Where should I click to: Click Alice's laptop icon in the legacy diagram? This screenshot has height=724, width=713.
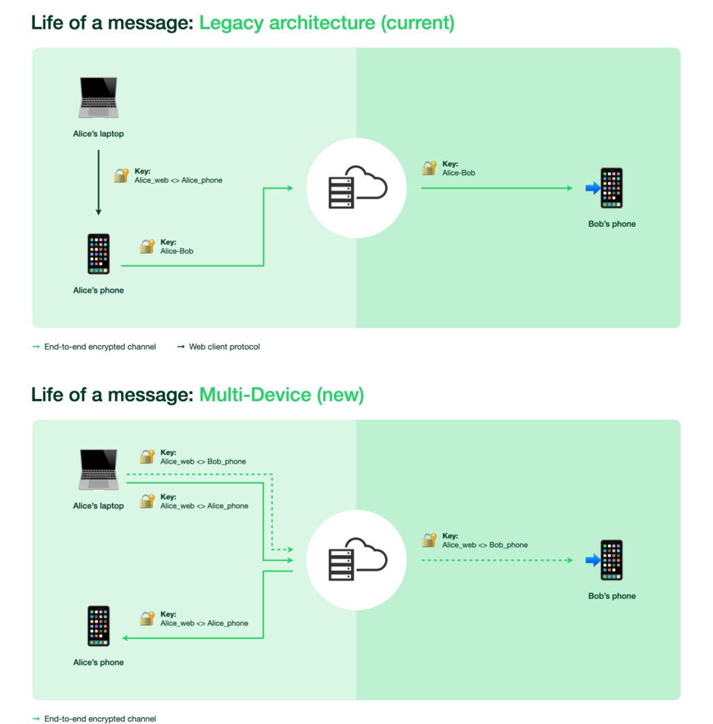point(98,98)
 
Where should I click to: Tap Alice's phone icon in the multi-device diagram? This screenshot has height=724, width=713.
point(98,627)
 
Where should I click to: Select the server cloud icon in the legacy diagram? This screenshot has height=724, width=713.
point(356,188)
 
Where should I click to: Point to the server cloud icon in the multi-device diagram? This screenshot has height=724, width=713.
point(356,560)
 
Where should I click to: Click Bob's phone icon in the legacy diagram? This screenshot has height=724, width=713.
point(611,188)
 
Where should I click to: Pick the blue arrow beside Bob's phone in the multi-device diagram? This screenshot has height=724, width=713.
point(593,560)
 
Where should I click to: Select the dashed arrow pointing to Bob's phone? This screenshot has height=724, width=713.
point(496,560)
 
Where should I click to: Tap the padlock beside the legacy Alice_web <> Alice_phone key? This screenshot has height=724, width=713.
point(122,175)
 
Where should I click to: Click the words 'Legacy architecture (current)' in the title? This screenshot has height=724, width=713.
point(327,23)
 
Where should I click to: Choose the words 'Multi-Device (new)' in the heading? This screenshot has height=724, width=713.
point(281,395)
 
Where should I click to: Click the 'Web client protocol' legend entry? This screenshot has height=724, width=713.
point(224,347)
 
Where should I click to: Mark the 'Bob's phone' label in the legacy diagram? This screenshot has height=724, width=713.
point(611,224)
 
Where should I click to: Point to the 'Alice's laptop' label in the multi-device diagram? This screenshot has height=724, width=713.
point(98,506)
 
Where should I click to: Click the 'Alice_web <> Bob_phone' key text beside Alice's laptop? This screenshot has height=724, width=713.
point(203,462)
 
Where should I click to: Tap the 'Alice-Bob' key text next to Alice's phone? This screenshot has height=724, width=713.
point(177,251)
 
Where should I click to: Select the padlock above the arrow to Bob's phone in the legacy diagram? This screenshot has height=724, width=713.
point(429,168)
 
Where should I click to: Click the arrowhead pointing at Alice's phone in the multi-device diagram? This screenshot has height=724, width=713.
point(126,638)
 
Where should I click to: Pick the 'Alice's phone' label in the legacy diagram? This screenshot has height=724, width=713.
point(98,290)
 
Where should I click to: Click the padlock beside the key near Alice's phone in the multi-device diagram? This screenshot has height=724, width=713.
point(147,618)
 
